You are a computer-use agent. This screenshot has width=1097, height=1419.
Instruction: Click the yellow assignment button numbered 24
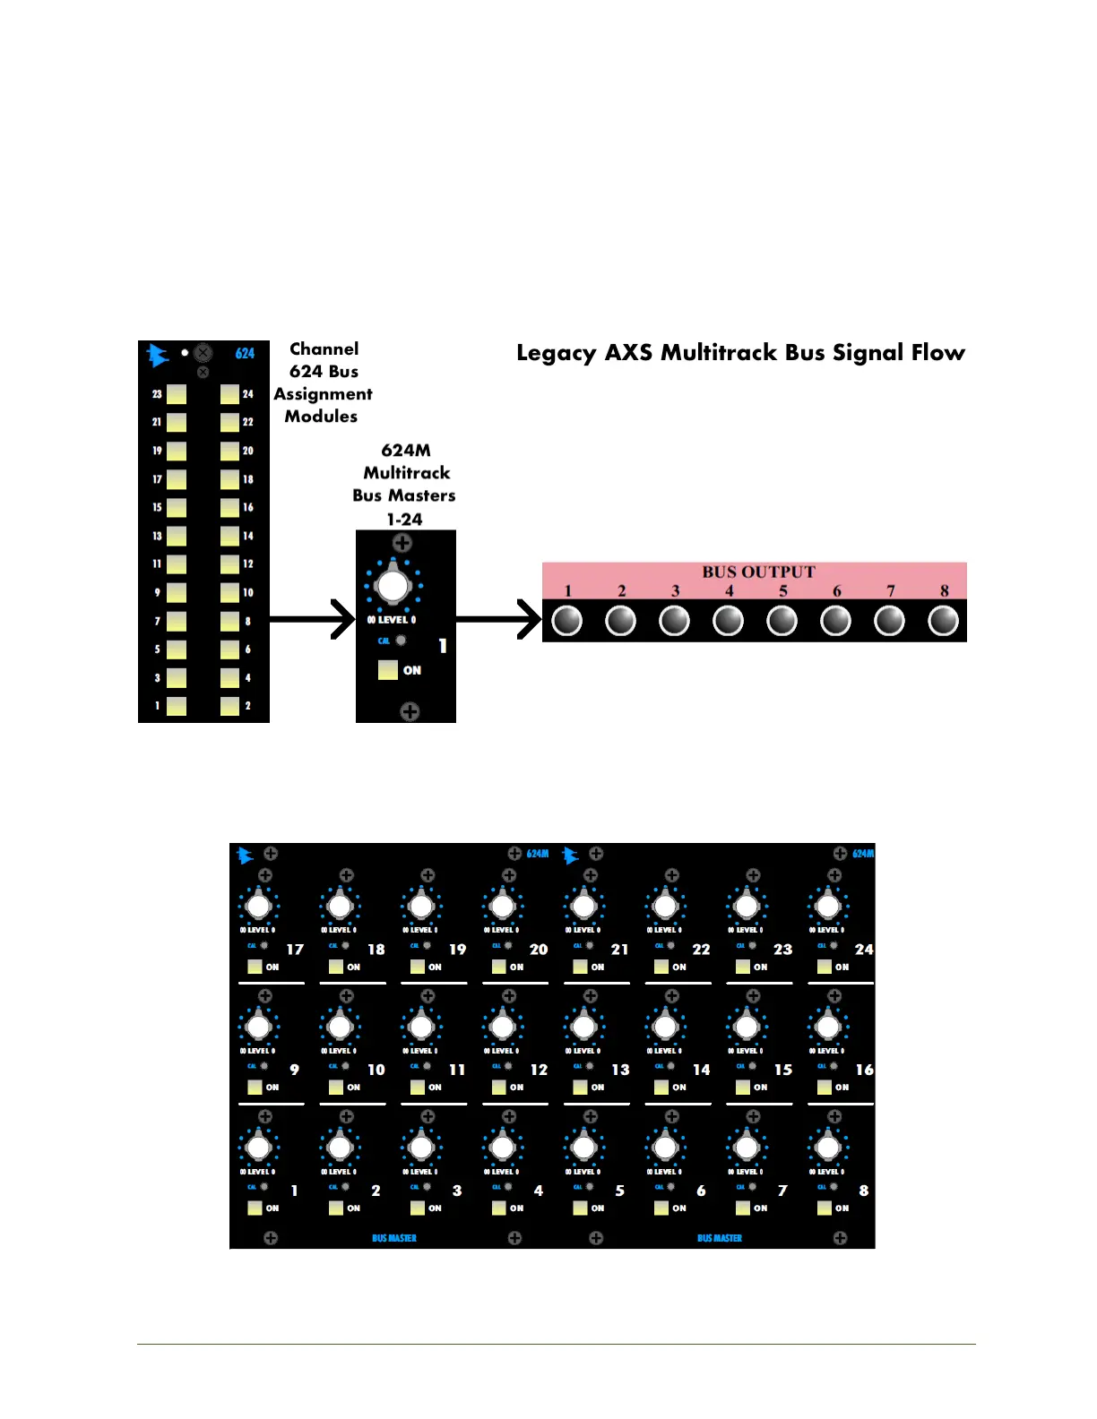click(229, 394)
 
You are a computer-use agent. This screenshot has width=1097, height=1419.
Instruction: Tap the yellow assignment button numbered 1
click(177, 706)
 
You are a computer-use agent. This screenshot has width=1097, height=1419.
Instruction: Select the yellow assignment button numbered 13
click(177, 537)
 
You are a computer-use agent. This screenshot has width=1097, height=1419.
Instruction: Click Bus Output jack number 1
click(567, 620)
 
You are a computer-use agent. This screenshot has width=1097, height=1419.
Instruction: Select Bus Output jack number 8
click(943, 620)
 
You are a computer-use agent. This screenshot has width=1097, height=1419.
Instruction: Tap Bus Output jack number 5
click(782, 620)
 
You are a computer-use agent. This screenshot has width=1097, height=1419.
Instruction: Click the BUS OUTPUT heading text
click(758, 572)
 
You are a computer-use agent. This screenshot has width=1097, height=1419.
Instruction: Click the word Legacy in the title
click(556, 353)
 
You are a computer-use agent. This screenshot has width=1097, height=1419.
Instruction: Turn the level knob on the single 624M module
click(393, 586)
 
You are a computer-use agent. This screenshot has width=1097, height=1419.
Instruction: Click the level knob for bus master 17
click(258, 906)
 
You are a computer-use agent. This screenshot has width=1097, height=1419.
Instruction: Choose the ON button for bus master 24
click(825, 967)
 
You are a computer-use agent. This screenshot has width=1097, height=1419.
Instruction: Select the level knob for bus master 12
click(503, 1027)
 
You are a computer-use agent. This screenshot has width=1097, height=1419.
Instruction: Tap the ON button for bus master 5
click(580, 1208)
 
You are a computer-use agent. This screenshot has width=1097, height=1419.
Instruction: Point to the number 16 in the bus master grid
click(864, 1070)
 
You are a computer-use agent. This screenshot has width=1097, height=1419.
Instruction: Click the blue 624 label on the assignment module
click(245, 354)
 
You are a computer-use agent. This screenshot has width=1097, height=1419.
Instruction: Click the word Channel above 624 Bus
click(324, 349)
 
